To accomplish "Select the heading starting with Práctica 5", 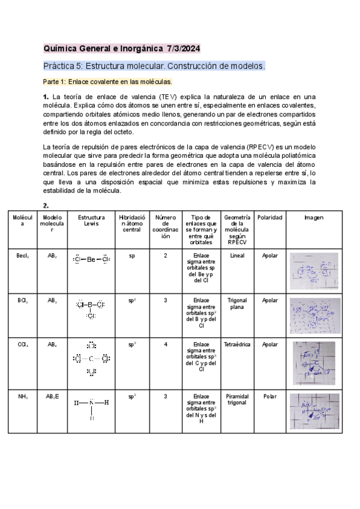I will tap(154, 65).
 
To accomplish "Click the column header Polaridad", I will tap(270, 217).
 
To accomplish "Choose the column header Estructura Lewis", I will tap(91, 221).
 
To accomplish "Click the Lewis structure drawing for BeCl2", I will tap(91, 259).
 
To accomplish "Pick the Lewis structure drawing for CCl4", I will tap(91, 359).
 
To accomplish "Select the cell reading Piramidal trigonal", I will tap(237, 383).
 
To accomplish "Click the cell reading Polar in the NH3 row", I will tap(270, 380).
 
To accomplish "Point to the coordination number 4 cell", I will tap(166, 345).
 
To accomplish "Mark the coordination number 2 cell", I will tap(166, 255).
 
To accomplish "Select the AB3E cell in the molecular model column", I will tap(53, 380).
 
